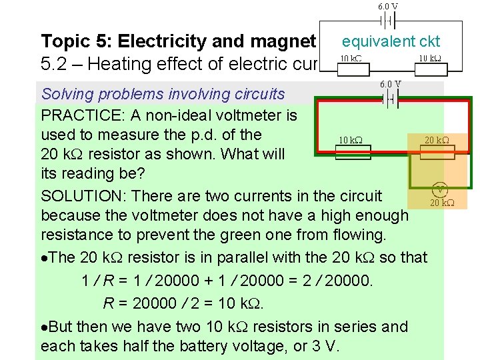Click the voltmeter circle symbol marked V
[x=439, y=189]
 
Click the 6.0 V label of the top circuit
[x=389, y=6]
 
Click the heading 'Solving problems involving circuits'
[x=163, y=95]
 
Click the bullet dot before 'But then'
[x=44, y=327]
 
